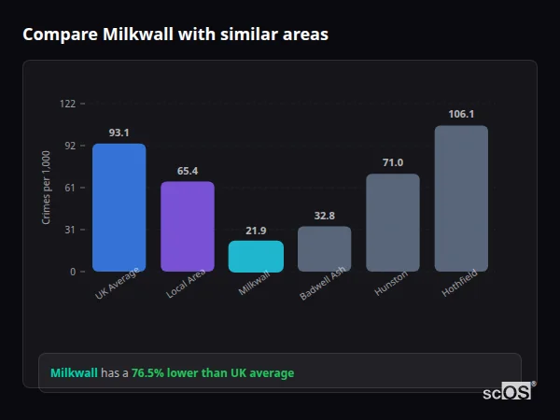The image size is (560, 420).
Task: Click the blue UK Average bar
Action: click(119, 207)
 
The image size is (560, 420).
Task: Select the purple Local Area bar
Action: click(188, 227)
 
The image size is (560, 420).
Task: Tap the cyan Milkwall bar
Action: click(256, 257)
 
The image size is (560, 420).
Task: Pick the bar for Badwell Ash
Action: click(325, 249)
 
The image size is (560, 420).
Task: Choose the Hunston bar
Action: click(393, 223)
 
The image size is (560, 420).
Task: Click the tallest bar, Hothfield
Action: click(461, 199)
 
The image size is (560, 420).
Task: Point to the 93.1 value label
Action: click(119, 133)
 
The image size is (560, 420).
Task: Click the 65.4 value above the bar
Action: click(188, 172)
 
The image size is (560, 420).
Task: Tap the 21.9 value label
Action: click(256, 231)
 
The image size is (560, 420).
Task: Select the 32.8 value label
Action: click(325, 217)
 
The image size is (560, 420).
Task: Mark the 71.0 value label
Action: click(393, 163)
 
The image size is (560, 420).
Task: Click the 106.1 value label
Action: click(461, 115)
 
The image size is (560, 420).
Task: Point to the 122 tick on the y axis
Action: click(67, 104)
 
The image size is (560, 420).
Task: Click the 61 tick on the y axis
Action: click(69, 188)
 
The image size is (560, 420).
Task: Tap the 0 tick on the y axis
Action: click(72, 272)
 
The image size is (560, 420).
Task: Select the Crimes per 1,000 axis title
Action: click(47, 188)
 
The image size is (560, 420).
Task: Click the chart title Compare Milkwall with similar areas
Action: click(175, 35)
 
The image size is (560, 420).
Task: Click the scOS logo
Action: click(508, 393)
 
